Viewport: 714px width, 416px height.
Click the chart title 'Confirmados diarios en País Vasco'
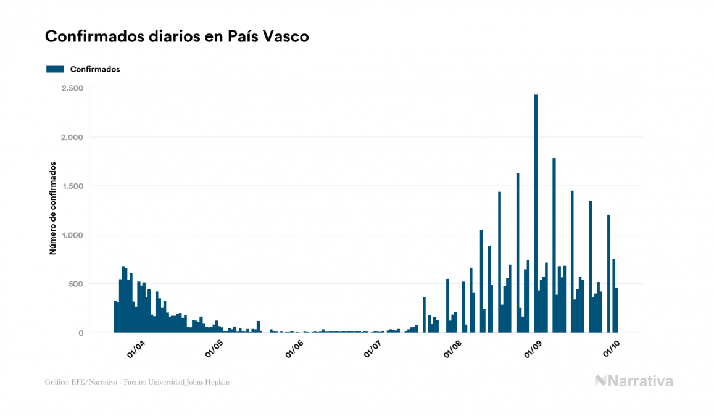click(x=177, y=36)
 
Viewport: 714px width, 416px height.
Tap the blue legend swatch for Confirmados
click(x=55, y=69)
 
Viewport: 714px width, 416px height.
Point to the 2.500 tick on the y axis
click(x=72, y=88)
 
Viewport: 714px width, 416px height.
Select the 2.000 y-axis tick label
click(x=72, y=137)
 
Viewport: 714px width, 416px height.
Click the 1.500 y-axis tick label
click(x=72, y=186)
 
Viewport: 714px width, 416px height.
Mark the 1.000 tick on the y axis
click(x=72, y=235)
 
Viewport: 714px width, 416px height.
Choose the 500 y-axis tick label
click(x=75, y=284)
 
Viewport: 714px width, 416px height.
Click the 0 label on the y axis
click(x=80, y=333)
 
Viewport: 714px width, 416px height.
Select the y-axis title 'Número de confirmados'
click(x=53, y=209)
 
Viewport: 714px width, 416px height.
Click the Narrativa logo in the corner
click(x=634, y=381)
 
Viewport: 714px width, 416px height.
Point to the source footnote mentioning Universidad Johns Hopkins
click(x=138, y=382)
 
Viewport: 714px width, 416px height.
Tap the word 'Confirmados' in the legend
click(x=95, y=69)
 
